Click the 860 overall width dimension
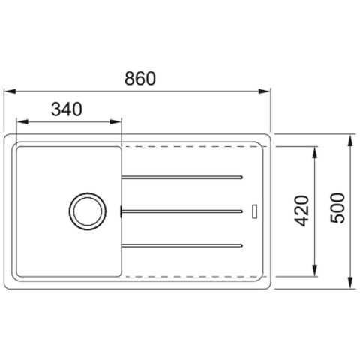[x=140, y=78]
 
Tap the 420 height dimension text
[x=301, y=212]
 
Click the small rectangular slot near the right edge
[x=255, y=211]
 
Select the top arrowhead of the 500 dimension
[x=351, y=139]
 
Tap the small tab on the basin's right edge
[x=121, y=211]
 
